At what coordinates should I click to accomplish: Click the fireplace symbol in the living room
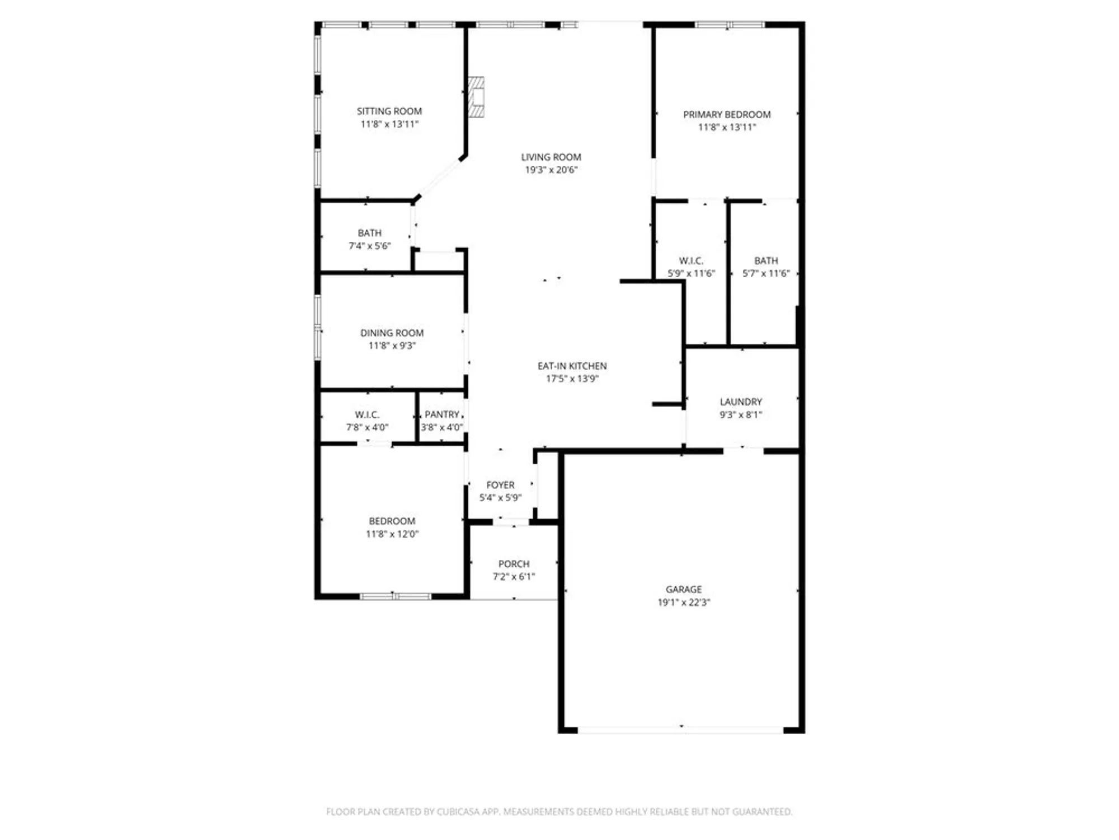(476, 97)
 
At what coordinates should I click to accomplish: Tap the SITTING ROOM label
(389, 111)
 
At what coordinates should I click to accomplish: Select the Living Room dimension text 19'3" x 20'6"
(551, 170)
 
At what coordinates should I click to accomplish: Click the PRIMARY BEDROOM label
(727, 114)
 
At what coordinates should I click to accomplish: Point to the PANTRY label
(441, 414)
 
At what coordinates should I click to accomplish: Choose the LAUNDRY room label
(741, 402)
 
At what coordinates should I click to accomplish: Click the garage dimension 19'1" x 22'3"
(684, 602)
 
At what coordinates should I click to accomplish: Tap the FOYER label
(500, 485)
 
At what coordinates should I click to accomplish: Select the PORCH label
(514, 564)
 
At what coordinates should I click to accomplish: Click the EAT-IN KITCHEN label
(572, 366)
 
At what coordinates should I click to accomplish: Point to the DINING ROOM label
(392, 333)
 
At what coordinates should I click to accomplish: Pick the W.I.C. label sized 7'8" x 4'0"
(367, 414)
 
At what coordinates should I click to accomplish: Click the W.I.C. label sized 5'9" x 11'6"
(691, 260)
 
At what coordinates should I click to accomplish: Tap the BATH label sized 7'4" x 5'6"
(369, 232)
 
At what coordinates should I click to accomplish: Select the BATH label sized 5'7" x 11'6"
(766, 260)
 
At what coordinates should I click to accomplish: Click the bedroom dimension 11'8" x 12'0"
(392, 534)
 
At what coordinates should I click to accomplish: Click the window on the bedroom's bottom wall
(395, 596)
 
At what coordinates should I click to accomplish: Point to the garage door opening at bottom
(680, 730)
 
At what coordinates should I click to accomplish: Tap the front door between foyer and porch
(511, 522)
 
